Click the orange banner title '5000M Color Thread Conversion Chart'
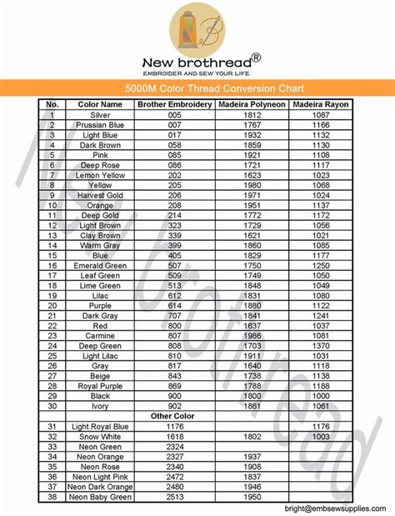click(197, 88)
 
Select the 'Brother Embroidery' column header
click(175, 105)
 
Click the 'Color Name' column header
click(100, 105)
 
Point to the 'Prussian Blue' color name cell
click(100, 124)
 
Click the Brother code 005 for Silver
click(175, 115)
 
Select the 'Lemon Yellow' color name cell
click(100, 176)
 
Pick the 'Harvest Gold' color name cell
click(100, 194)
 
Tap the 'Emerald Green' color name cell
click(100, 265)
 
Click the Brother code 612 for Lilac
click(175, 295)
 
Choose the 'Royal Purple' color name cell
click(100, 386)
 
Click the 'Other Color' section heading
click(175, 415)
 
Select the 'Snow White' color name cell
click(100, 436)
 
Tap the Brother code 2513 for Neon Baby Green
click(175, 497)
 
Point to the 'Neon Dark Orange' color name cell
click(100, 487)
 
